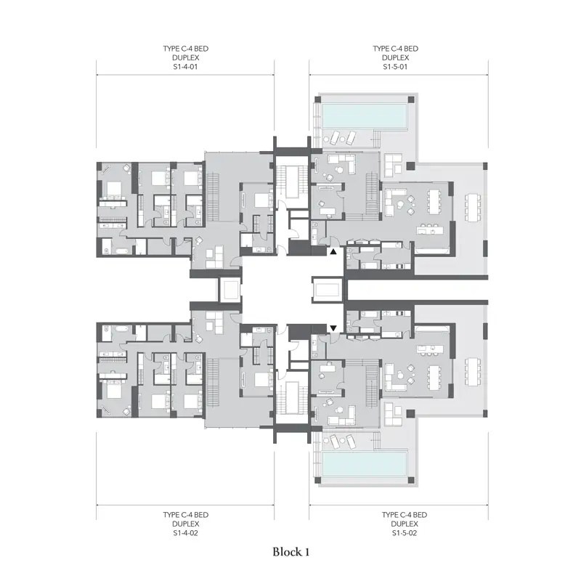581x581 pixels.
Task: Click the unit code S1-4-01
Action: coord(185,67)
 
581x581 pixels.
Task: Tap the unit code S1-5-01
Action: coord(395,67)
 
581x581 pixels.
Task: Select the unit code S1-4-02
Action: coord(185,533)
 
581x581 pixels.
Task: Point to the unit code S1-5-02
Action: coord(405,533)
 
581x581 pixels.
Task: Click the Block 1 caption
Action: coord(291,552)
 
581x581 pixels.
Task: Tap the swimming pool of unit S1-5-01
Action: coord(365,115)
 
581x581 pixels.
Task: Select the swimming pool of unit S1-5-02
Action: coord(365,463)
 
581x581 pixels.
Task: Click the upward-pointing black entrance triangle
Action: coord(333,251)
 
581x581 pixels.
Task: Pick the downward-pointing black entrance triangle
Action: coord(333,328)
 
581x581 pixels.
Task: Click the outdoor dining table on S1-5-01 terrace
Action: coord(473,207)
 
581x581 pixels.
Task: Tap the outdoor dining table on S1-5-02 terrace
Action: coord(473,372)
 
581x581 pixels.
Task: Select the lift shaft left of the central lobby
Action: coord(229,289)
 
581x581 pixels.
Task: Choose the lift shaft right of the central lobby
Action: coord(328,289)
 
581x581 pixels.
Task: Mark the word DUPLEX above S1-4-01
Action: coord(185,58)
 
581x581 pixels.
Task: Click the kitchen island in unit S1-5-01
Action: coord(430,231)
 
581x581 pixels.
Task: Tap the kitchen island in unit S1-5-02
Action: coord(430,349)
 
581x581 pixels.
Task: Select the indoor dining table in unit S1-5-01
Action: coord(434,202)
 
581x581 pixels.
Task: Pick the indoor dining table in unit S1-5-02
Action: coord(434,377)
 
